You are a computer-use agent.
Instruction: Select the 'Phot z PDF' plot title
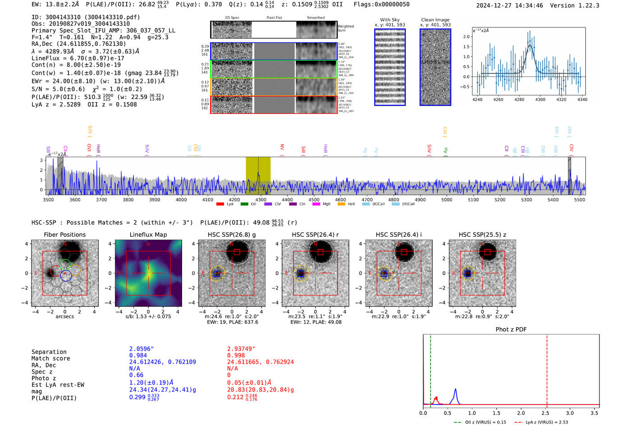(x=511, y=330)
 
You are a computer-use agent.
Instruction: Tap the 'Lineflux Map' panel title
(x=148, y=235)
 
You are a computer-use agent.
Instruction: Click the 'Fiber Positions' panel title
(x=64, y=235)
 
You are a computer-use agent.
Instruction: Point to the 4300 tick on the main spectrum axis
(x=261, y=200)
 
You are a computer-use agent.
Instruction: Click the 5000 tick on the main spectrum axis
(x=447, y=200)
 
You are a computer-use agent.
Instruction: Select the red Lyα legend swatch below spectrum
(x=220, y=204)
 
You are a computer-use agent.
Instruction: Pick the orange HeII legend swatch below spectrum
(x=341, y=204)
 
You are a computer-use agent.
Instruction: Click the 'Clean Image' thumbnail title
(x=435, y=20)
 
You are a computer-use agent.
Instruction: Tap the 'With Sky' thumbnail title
(x=390, y=20)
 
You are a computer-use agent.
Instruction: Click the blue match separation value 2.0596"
(x=142, y=349)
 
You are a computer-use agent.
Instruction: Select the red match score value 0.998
(x=236, y=356)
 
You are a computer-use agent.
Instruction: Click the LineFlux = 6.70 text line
(x=78, y=59)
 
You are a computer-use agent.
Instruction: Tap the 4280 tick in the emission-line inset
(x=519, y=99)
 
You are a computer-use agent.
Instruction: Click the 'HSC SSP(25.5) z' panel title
(x=482, y=235)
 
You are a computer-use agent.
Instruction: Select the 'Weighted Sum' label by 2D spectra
(x=346, y=28)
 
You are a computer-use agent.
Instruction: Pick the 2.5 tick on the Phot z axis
(x=545, y=413)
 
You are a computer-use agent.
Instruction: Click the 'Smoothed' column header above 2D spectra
(x=315, y=18)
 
